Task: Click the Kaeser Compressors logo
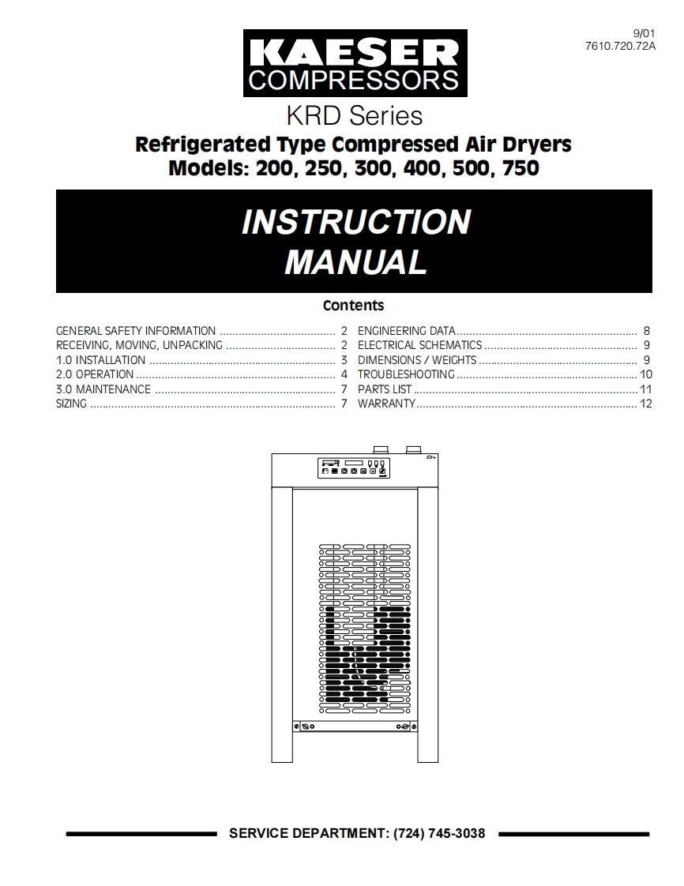355,63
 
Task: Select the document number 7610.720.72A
621,46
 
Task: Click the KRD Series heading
355,116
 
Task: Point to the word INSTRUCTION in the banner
355,222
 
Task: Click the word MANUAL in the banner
355,262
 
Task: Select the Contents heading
354,306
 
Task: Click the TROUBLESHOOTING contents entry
406,374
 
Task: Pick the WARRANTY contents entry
386,404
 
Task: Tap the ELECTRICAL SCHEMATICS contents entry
419,345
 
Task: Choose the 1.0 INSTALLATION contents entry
100,360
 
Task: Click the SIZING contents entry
71,404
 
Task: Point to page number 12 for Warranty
646,404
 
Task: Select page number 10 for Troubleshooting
646,374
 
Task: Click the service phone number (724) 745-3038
439,833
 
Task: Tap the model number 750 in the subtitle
520,168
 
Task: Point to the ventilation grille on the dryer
365,616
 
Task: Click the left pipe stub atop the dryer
381,449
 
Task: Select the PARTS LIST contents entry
385,389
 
